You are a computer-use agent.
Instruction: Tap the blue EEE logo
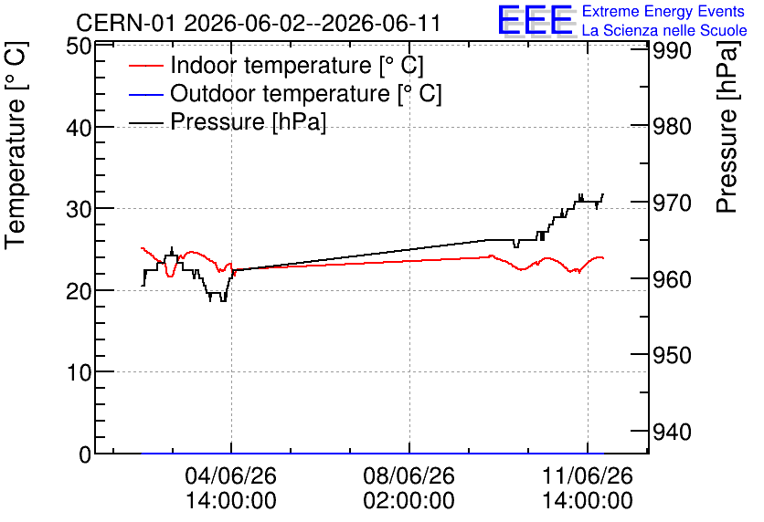[535, 20]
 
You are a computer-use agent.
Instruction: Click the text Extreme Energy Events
[663, 11]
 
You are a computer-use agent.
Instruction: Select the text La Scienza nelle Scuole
[664, 31]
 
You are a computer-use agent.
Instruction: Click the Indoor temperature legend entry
[276, 65]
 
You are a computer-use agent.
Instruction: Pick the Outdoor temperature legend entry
[285, 93]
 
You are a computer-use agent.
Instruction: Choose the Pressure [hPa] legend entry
[228, 121]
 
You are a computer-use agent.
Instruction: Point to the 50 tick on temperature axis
[79, 47]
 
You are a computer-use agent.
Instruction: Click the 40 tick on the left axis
[79, 128]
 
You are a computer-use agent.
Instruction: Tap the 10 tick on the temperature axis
[79, 373]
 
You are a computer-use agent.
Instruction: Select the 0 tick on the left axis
[85, 454]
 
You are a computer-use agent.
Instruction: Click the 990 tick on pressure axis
[672, 50]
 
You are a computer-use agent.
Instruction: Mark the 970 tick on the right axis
[672, 203]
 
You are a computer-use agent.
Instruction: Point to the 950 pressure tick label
[672, 356]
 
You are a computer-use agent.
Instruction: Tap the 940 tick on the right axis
[672, 432]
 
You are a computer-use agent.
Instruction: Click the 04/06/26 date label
[231, 475]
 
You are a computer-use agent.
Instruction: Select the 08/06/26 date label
[409, 475]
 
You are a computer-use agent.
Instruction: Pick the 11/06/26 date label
[588, 475]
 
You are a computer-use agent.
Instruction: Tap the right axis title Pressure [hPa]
[727, 127]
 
